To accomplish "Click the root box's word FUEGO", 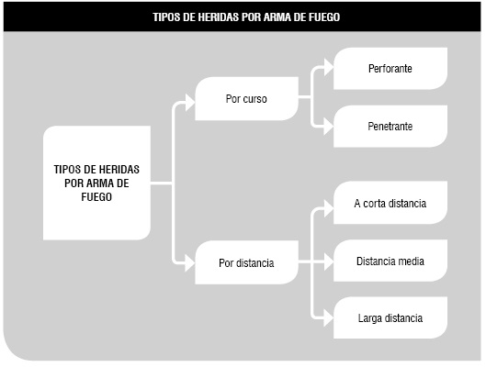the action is pyautogui.click(x=96, y=197).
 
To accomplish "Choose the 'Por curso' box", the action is pyautogui.click(x=246, y=99).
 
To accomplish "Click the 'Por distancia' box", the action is pyautogui.click(x=246, y=262).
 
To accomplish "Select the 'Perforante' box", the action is pyautogui.click(x=390, y=69).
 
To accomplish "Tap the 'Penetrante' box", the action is pyautogui.click(x=390, y=127).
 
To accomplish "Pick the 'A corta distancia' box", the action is pyautogui.click(x=390, y=203).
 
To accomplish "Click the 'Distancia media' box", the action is pyautogui.click(x=390, y=261).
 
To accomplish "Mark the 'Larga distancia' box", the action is pyautogui.click(x=390, y=317).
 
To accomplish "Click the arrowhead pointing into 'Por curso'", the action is pyautogui.click(x=189, y=102).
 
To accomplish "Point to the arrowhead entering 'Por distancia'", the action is pyautogui.click(x=189, y=263).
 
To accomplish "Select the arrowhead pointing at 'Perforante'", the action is pyautogui.click(x=329, y=67).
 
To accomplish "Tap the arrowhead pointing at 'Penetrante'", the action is pyautogui.click(x=329, y=127).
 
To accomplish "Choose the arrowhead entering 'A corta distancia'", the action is pyautogui.click(x=329, y=208).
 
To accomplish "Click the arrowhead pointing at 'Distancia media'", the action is pyautogui.click(x=329, y=262).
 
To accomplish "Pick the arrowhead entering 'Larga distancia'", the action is pyautogui.click(x=329, y=317).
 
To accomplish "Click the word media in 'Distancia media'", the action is pyautogui.click(x=411, y=261).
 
